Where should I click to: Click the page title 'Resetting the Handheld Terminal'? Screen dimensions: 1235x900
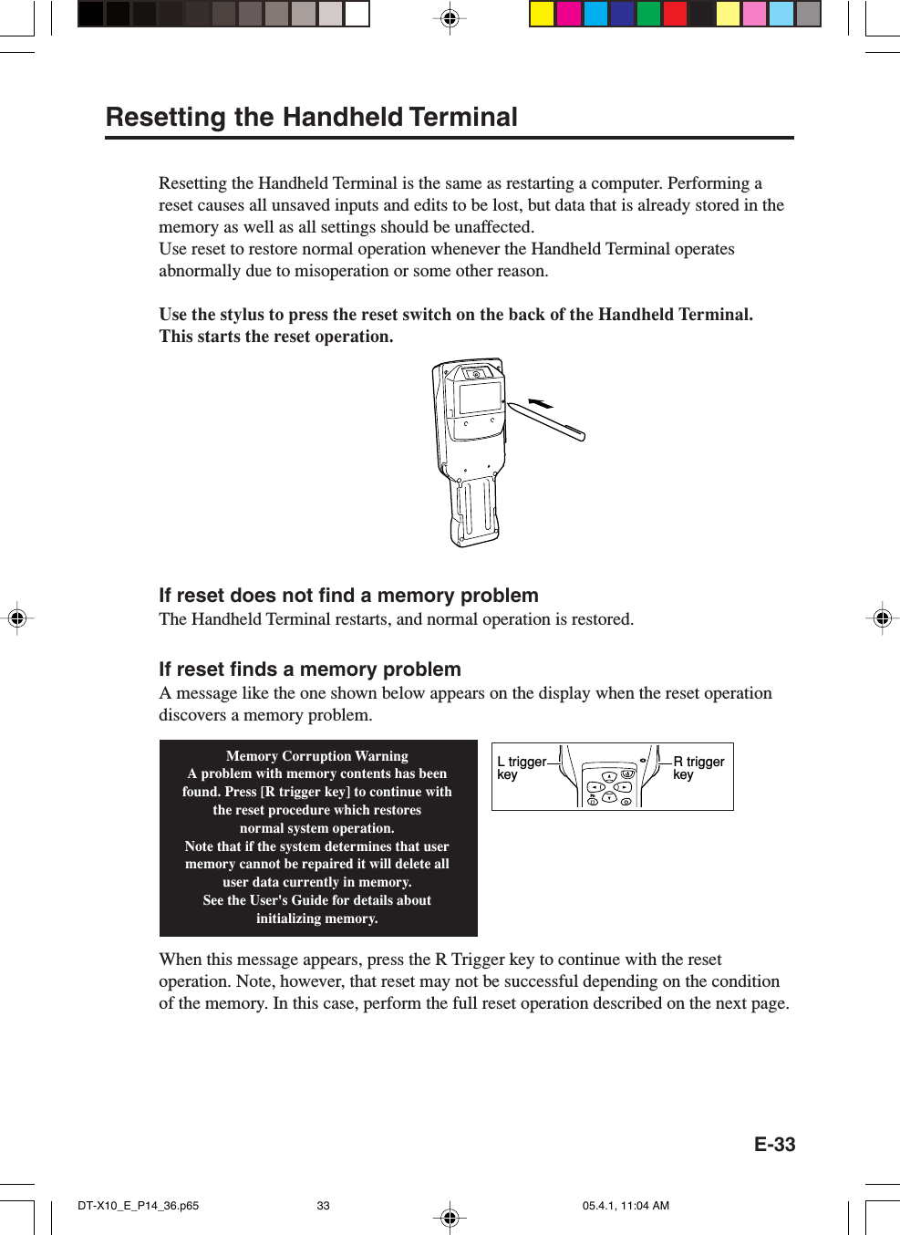click(x=312, y=118)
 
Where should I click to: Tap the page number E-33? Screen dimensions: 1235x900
click(x=774, y=1145)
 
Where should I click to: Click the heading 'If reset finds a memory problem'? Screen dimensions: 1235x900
click(x=310, y=669)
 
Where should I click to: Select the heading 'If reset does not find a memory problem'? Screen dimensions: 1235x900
click(x=348, y=596)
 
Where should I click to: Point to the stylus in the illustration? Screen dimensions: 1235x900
click(x=547, y=421)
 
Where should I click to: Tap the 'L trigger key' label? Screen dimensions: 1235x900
click(x=521, y=768)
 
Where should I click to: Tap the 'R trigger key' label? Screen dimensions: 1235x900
click(x=698, y=768)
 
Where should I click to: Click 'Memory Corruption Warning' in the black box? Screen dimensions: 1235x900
click(x=317, y=756)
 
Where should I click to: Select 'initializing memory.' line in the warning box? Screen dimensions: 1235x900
click(x=317, y=918)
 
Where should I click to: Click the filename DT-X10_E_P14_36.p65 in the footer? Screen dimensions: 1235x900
click(x=139, y=1206)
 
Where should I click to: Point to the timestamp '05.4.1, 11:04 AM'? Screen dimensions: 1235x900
click(x=626, y=1206)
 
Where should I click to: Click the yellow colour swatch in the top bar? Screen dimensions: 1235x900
click(x=543, y=14)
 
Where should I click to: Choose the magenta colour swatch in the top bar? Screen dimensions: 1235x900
click(x=569, y=14)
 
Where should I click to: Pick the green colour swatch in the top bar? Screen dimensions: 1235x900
click(x=648, y=14)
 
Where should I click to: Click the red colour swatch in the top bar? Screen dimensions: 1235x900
click(x=675, y=14)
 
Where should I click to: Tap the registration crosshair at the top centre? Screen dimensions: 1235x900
click(x=450, y=17)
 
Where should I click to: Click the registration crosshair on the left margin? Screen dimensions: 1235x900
click(x=16, y=618)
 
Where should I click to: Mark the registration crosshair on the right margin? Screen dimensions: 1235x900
click(x=882, y=618)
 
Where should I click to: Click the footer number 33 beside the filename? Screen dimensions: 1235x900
click(x=323, y=1206)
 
